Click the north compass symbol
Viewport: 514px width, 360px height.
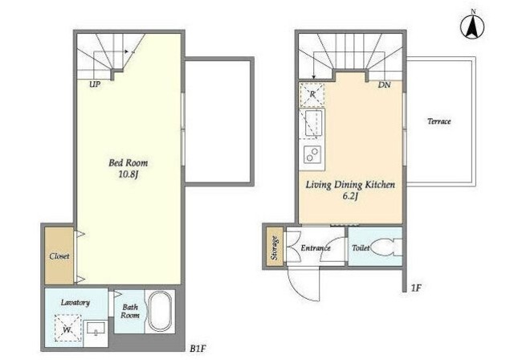tap(473, 27)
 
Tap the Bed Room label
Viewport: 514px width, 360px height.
tap(128, 162)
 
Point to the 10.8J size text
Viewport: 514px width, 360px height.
tap(128, 174)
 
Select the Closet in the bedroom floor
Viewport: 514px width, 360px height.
tap(59, 256)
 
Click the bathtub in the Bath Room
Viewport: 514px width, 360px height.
tap(161, 311)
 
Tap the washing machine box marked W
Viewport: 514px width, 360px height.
tap(67, 328)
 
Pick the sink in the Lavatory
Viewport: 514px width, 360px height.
tap(96, 329)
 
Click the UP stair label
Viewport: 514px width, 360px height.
tap(95, 84)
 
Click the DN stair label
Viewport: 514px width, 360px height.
tap(384, 85)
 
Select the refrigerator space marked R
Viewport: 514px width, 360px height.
tap(312, 95)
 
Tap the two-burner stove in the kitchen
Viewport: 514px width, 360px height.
tap(312, 154)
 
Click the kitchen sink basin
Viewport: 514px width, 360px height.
tap(313, 123)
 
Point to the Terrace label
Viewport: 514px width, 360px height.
tap(439, 121)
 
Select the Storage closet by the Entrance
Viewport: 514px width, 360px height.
tap(275, 248)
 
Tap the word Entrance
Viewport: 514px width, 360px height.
tap(316, 247)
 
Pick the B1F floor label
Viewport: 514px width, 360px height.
tap(198, 349)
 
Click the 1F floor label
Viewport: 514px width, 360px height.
tap(416, 288)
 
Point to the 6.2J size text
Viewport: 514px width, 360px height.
tap(350, 196)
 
